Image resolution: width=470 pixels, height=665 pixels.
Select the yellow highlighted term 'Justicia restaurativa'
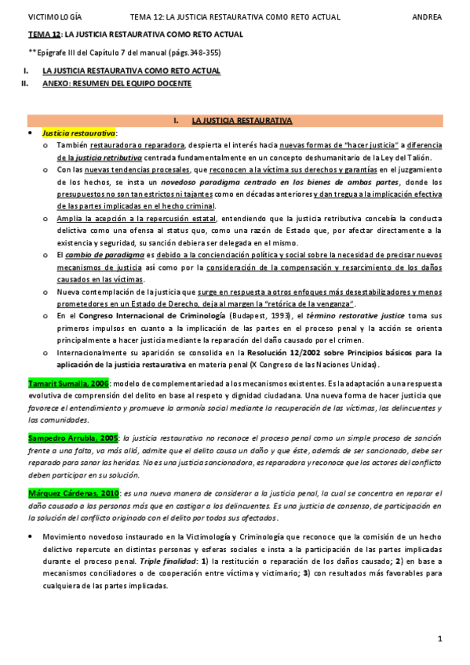tap(78, 134)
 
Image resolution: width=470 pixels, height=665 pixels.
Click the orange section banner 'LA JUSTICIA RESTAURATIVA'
tap(242, 121)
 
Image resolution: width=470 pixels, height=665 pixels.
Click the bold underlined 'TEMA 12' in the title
tap(44, 35)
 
